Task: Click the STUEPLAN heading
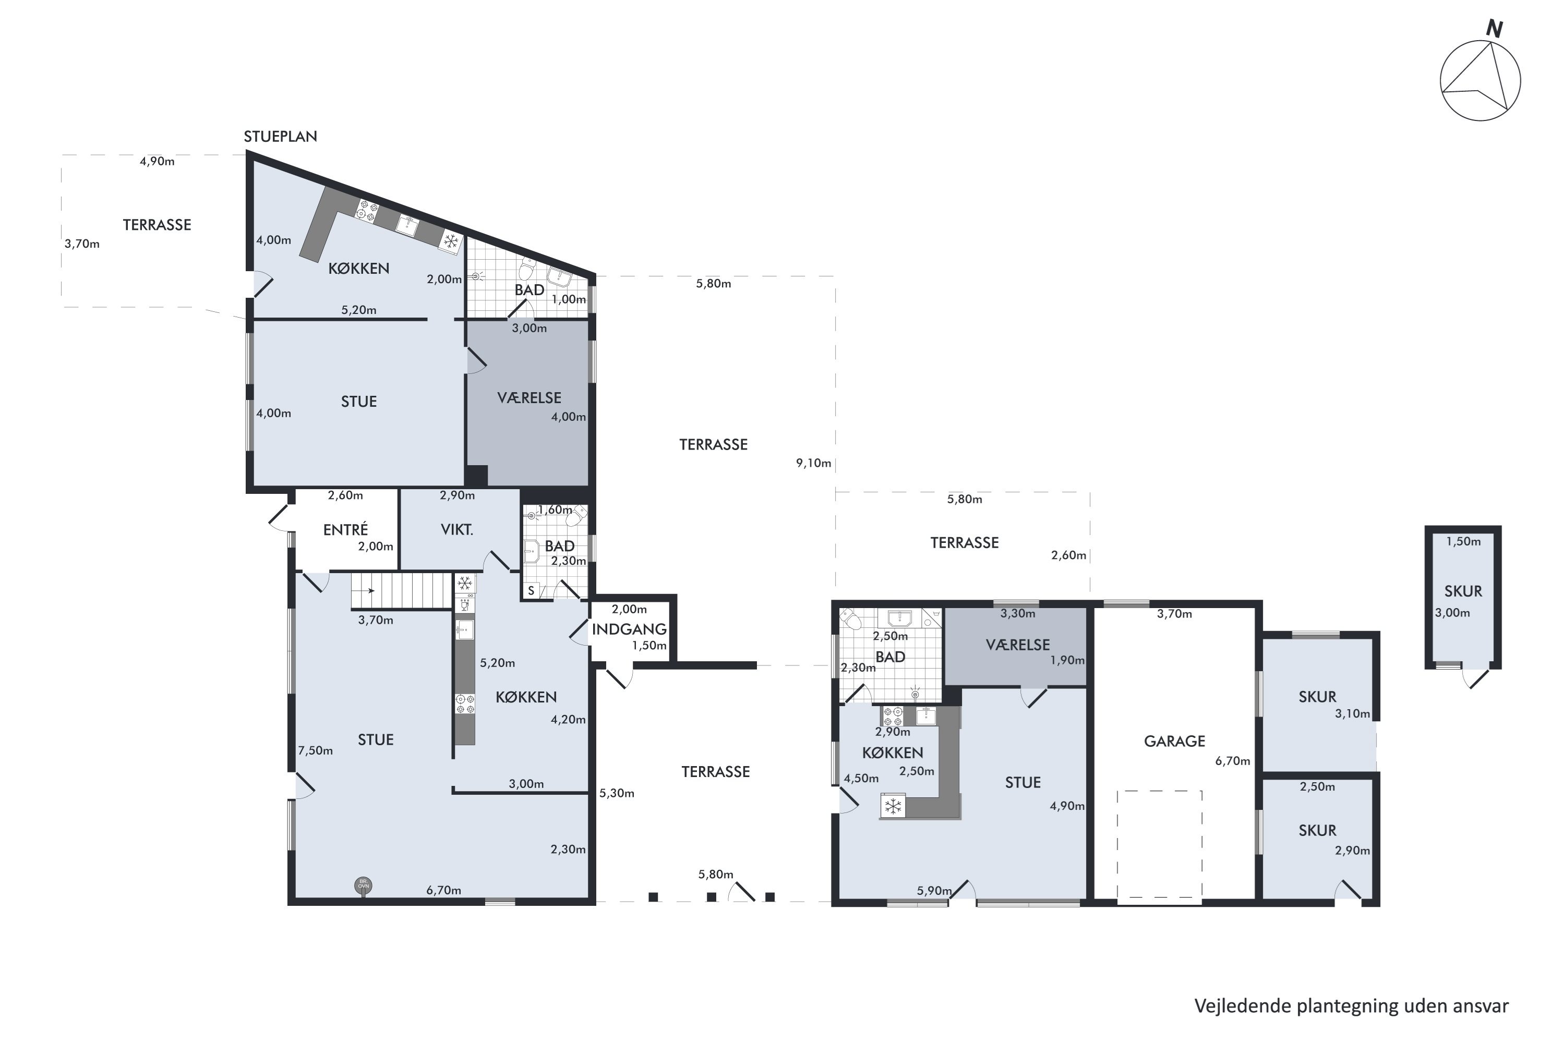coord(280,136)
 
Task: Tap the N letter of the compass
coord(1495,29)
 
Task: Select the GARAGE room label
coord(1174,741)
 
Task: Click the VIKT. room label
coord(457,530)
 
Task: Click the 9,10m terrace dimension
coord(814,463)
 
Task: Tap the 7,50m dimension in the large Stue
coord(316,750)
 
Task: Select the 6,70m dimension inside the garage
coord(1232,761)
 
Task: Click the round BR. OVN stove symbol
coord(363,884)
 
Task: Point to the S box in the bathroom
coord(531,590)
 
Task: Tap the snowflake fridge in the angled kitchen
coord(451,241)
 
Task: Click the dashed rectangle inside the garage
coord(1159,844)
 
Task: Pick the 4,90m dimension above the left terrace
coord(157,162)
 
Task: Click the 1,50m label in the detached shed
coord(1463,541)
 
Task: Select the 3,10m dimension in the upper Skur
coord(1352,714)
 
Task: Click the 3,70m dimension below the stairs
coord(375,620)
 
